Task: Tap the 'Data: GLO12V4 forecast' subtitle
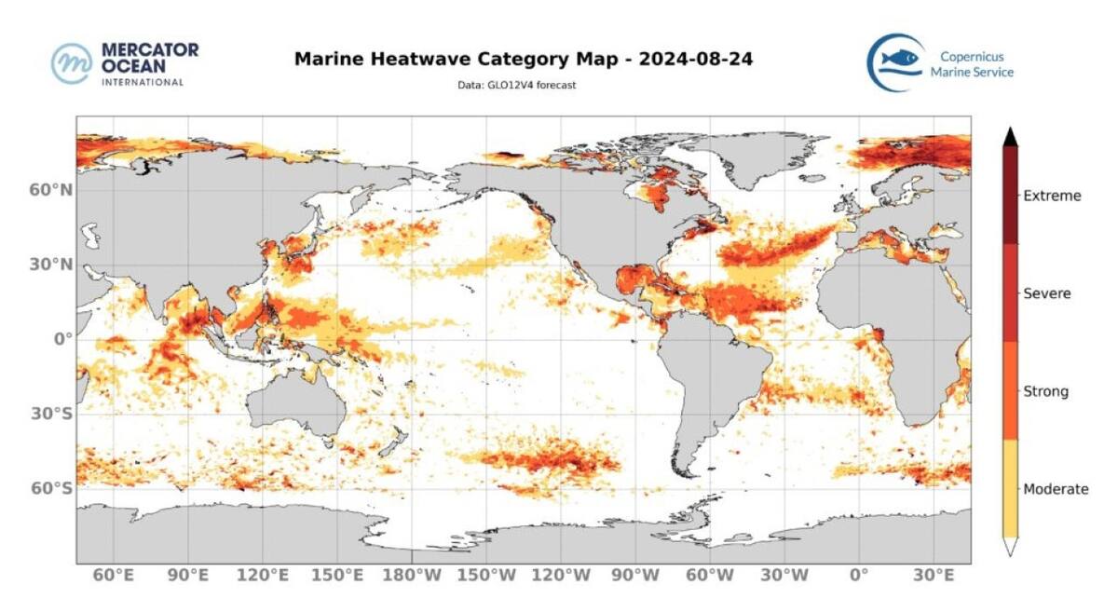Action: click(x=523, y=86)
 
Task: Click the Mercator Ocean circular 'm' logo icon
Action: click(x=72, y=63)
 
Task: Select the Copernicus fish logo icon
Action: click(x=895, y=62)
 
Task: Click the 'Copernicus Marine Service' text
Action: click(x=972, y=64)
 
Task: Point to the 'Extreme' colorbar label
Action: click(x=1052, y=196)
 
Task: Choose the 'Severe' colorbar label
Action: click(x=1047, y=293)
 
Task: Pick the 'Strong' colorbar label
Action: click(x=1045, y=391)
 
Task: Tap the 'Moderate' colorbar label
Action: click(x=1056, y=489)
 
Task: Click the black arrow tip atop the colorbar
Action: click(x=1010, y=137)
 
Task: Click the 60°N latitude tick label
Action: click(x=52, y=190)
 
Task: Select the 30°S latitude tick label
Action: click(x=52, y=414)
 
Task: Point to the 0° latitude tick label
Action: click(x=61, y=339)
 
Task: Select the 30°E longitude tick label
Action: click(x=934, y=576)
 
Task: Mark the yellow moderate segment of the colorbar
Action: click(x=1010, y=488)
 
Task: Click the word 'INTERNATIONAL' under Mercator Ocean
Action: click(x=142, y=82)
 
